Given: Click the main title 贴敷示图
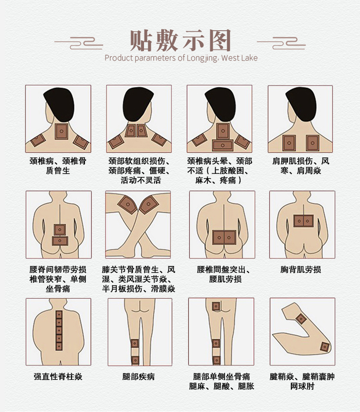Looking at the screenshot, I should pos(180,40).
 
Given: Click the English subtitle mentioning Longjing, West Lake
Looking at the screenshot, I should pos(180,58).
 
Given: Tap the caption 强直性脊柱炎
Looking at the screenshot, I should pos(58,376).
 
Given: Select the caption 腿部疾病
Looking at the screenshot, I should pos(139,376).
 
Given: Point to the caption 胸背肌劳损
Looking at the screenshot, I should pos(300,269).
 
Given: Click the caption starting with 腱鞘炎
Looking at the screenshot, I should pos(301,381).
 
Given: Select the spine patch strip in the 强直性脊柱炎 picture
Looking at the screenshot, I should pos(59,331).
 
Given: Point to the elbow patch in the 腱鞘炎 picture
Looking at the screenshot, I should pos(301,318).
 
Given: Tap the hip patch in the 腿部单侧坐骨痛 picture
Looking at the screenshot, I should pos(216,306).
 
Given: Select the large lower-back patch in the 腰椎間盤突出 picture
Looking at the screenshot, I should pos(224,237).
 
